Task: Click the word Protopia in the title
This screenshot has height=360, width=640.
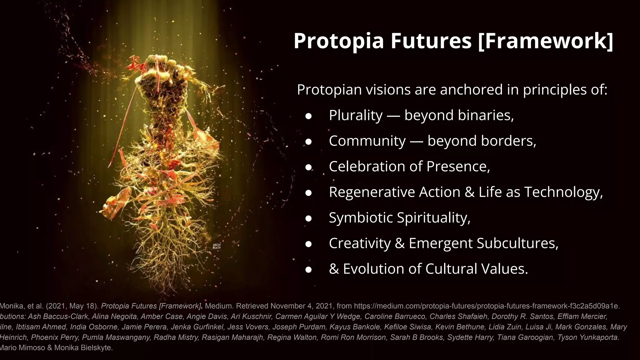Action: click(338, 41)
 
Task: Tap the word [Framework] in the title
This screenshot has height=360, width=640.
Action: click(546, 41)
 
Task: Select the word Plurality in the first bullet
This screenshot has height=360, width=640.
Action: click(356, 115)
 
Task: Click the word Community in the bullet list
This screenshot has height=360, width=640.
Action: click(367, 141)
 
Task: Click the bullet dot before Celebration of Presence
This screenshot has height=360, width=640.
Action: click(308, 167)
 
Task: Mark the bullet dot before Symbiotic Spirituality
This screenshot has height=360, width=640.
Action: click(308, 218)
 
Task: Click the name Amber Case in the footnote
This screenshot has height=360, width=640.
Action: click(162, 317)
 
